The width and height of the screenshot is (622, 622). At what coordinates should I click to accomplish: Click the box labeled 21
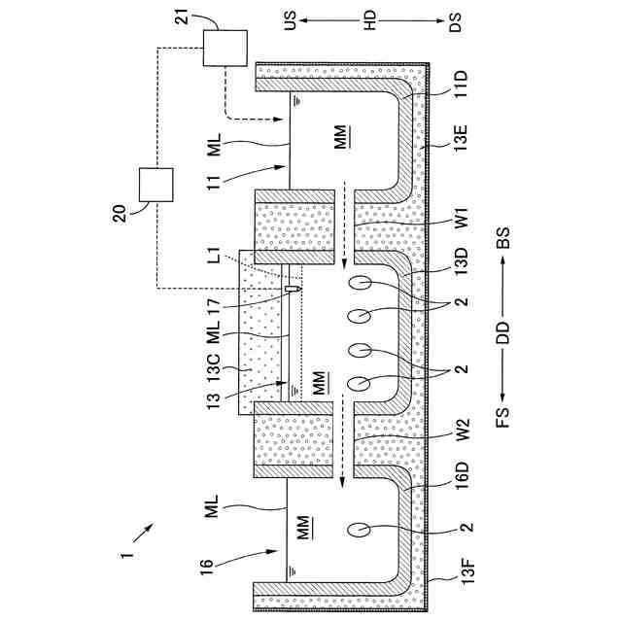tap(225, 48)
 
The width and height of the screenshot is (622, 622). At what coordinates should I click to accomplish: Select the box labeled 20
tap(156, 185)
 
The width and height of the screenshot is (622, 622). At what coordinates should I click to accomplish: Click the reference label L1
tap(214, 255)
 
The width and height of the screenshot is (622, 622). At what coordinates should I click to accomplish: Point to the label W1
tap(462, 217)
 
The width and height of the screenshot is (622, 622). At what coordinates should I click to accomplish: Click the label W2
tap(462, 430)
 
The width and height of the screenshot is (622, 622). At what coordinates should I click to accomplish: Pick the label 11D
tap(461, 85)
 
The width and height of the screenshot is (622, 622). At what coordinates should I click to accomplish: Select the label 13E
tap(461, 138)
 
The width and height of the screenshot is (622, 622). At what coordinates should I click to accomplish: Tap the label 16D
tap(463, 476)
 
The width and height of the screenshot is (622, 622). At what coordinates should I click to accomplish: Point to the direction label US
tap(290, 20)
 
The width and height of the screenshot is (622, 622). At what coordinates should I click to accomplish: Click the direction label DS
tap(455, 21)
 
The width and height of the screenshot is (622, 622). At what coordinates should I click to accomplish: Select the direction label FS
tap(502, 417)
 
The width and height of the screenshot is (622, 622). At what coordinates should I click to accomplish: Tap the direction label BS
tap(502, 237)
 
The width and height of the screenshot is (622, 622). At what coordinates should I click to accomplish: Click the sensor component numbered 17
tap(292, 289)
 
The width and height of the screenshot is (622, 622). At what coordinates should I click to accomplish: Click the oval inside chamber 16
tap(359, 530)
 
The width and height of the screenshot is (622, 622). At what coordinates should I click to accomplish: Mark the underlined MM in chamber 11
tap(340, 137)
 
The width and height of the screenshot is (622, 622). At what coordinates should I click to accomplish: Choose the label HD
tap(369, 20)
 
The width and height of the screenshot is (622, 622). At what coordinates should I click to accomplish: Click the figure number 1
tap(126, 554)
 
